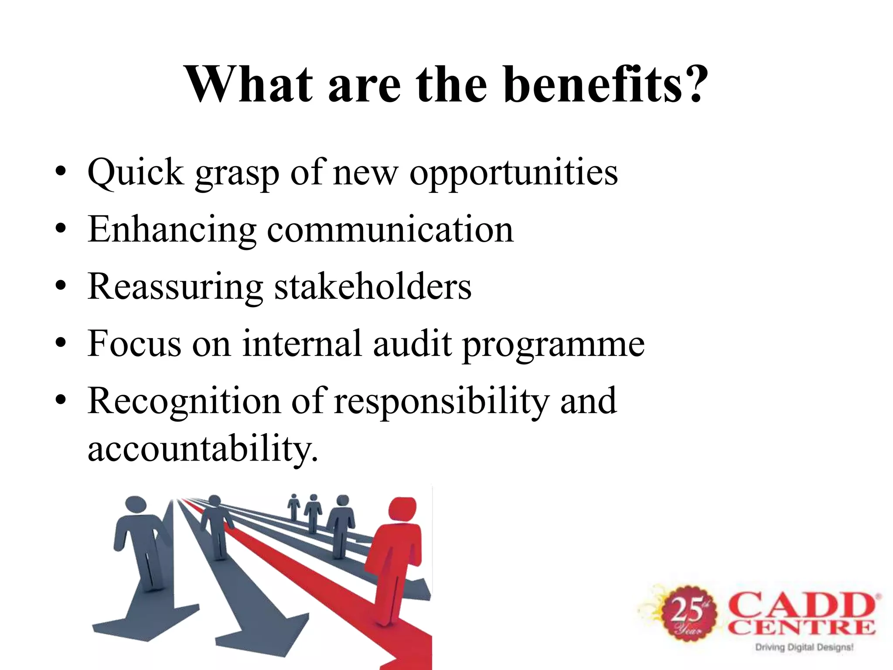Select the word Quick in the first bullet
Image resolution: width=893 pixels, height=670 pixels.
coord(136,173)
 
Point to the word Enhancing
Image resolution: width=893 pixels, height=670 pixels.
coord(172,230)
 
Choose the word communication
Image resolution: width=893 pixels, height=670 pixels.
coord(390,229)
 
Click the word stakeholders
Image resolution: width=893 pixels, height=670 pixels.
coord(373,287)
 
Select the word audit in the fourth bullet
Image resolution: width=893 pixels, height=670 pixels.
coord(412,344)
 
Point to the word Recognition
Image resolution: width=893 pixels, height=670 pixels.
coord(184,401)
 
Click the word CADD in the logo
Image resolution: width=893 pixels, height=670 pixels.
coord(802,605)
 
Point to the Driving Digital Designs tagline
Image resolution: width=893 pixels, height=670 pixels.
coord(804,647)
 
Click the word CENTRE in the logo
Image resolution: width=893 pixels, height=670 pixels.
coord(801,628)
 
